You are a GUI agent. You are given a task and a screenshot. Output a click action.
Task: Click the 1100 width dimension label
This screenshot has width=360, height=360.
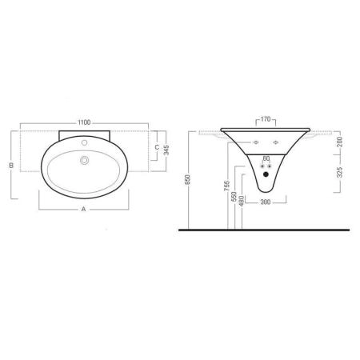[84, 122]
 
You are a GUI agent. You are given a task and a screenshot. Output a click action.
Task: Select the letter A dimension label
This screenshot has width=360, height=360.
[83, 209]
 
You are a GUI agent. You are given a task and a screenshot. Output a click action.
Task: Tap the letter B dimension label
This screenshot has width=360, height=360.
[11, 166]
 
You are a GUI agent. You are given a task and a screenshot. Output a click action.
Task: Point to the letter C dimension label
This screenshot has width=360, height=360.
[157, 147]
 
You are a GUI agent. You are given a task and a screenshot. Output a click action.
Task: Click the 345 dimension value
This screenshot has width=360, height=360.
[166, 150]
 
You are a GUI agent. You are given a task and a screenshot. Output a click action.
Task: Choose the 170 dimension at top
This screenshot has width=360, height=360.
[266, 119]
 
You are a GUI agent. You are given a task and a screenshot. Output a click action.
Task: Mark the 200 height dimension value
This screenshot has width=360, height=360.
[339, 142]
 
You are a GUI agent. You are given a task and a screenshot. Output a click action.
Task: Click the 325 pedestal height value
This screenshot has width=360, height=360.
[339, 173]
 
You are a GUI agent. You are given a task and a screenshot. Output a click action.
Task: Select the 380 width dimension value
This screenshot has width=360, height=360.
[266, 202]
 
